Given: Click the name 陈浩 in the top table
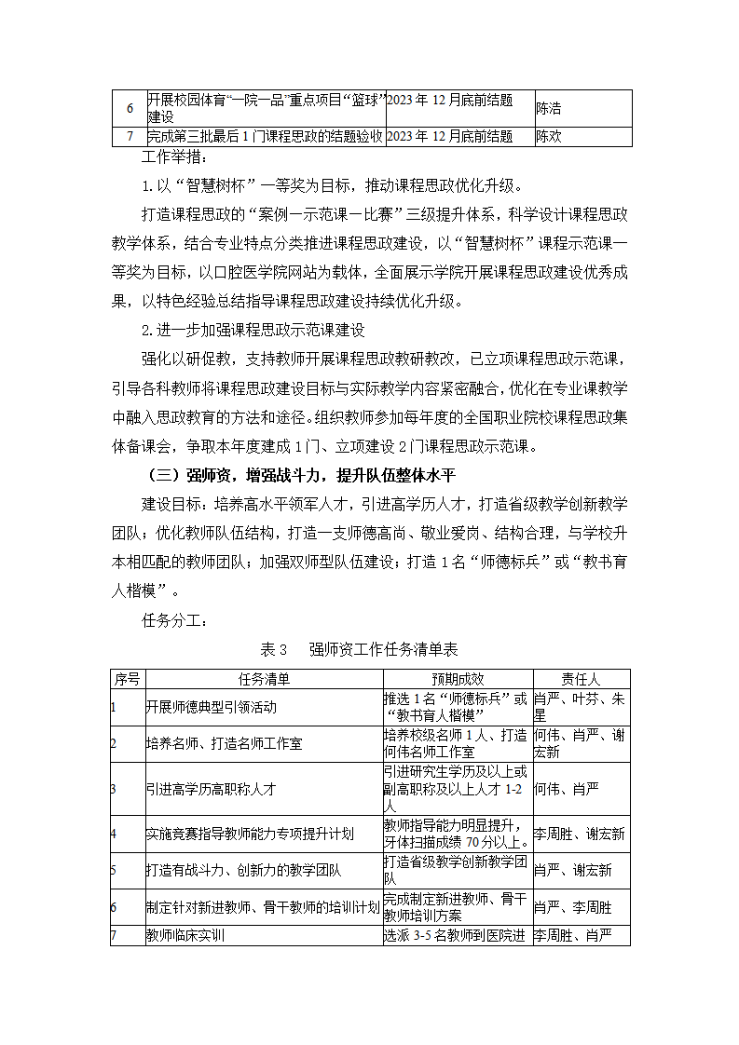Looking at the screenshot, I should coord(548,108).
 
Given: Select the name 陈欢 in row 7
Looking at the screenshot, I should coord(548,137).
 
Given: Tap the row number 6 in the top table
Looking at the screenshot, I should coord(129,108).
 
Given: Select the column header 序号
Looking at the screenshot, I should coord(128,679).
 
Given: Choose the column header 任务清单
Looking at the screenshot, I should coord(264,679).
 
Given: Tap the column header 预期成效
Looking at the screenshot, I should coord(457,679).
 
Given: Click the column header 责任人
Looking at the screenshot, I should coord(581,679).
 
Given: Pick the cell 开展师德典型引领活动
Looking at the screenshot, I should coord(212,707).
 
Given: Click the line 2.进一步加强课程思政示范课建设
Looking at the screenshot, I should coord(252,330).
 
